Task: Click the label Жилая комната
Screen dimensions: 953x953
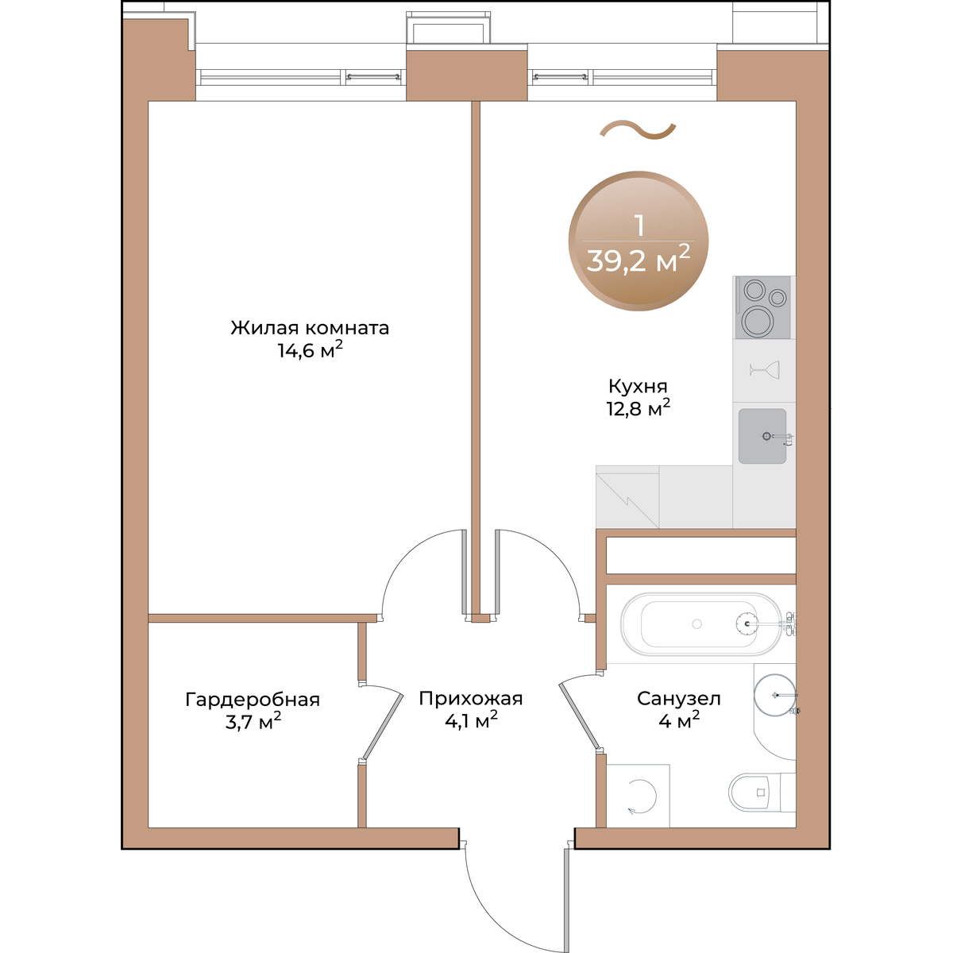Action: pos(310,328)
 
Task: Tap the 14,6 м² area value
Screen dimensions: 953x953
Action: pos(310,351)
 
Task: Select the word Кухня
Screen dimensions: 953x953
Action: pos(638,386)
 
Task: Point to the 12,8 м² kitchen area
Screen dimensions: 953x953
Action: pos(639,408)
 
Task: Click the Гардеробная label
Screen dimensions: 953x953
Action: pos(253,700)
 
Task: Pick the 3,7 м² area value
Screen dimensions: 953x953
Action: pos(253,723)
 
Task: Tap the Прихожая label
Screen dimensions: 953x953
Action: pos(471,699)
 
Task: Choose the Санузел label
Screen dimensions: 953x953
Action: pos(678,699)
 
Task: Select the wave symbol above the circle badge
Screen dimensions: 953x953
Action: pos(638,130)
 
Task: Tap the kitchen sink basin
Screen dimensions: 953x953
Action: pos(762,436)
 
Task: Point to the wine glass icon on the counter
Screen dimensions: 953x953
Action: pos(765,369)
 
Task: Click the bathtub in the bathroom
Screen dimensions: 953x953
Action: pos(701,624)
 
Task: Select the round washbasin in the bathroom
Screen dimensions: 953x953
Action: pos(775,694)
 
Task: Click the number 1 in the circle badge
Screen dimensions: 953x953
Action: pos(640,226)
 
